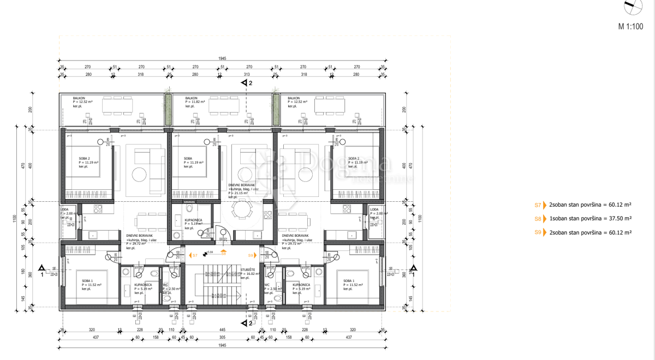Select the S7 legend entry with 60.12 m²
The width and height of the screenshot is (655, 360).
[582, 205]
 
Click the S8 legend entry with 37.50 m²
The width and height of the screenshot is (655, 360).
[582, 218]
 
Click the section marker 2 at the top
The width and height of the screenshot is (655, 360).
[247, 83]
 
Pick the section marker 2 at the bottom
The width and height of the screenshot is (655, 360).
[247, 323]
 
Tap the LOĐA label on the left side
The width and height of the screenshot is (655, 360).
[65, 209]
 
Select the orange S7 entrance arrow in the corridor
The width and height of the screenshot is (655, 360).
[193, 255]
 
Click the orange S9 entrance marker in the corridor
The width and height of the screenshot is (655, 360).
[252, 255]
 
